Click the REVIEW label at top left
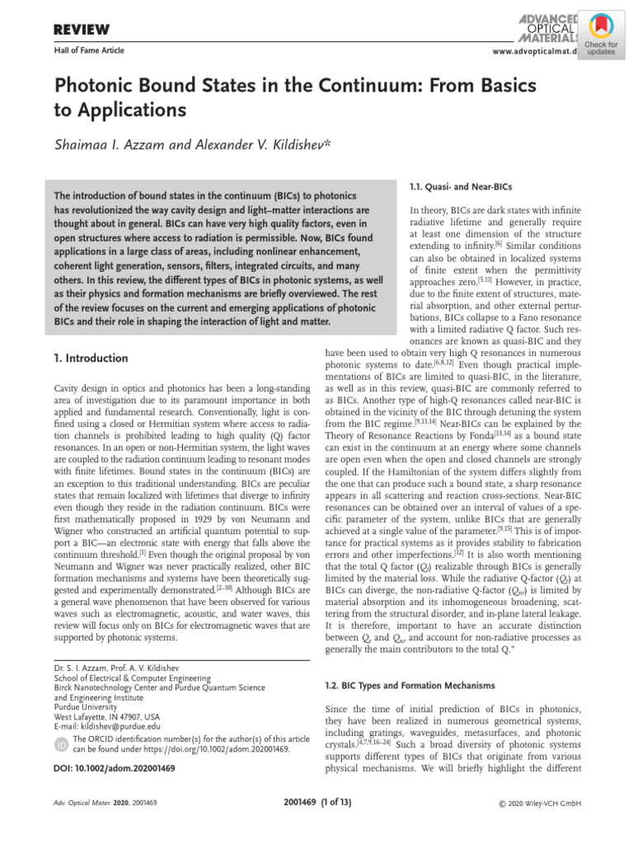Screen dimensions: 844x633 tap(82, 30)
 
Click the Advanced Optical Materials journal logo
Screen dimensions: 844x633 tap(548, 24)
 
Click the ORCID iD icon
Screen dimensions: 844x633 tap(62, 745)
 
